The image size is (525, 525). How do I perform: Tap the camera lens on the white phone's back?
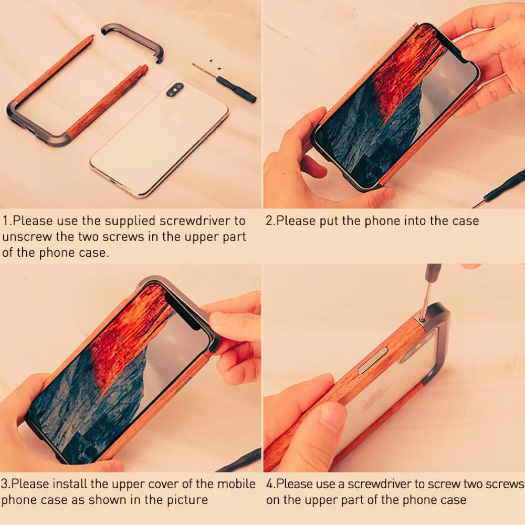(175, 90)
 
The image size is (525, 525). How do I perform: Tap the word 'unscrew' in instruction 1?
(23, 237)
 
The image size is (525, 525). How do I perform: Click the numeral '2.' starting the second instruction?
(270, 220)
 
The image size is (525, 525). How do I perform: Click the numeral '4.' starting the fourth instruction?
(271, 484)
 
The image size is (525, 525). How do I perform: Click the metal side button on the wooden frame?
(373, 360)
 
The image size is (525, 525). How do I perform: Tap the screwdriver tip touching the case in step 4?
(423, 318)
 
